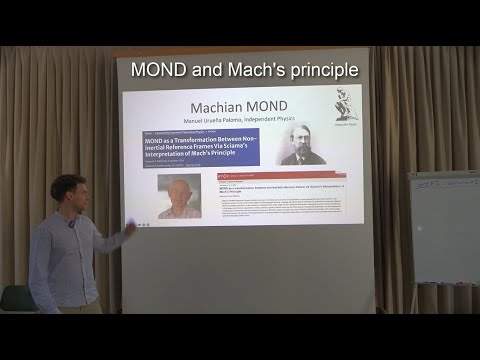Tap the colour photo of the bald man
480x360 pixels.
coord(179,197)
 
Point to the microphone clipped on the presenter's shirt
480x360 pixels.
coord(72,223)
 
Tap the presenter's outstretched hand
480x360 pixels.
coord(130,230)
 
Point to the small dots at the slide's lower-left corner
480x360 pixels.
coord(144,225)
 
